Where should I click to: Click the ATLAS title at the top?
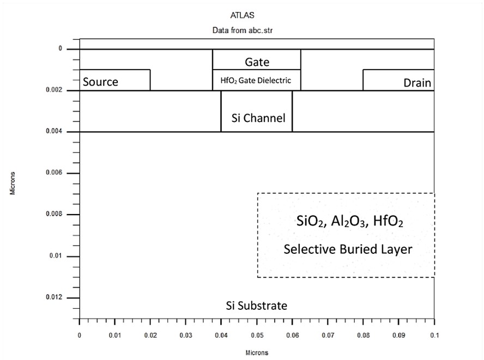point(243,15)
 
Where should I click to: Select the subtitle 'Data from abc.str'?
point(243,30)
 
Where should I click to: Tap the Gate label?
point(257,62)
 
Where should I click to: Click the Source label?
point(100,82)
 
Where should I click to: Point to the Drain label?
point(417,83)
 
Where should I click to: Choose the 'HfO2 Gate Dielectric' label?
point(256,81)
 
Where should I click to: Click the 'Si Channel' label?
point(258,118)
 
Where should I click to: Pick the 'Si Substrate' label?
point(257,306)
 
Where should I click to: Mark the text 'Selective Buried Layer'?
point(348,249)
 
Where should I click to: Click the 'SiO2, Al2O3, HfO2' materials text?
point(350,221)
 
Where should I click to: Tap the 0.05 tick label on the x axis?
point(257,335)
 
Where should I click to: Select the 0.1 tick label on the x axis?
point(434,335)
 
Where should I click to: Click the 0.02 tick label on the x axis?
point(150,335)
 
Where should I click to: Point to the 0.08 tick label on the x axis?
point(364,335)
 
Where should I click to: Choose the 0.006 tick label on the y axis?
point(54,173)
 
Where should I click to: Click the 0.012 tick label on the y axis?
point(54,297)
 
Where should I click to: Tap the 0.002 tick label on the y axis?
point(54,90)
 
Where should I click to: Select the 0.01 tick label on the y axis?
point(56,256)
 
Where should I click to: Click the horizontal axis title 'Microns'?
point(257,352)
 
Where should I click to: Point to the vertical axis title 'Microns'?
point(13,183)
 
